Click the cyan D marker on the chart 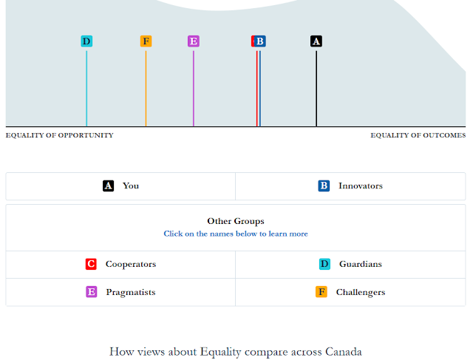point(86,41)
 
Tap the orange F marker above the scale point(146,41)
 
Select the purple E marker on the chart point(194,41)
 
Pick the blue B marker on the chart point(260,41)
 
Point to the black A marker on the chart point(316,41)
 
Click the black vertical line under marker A point(316,89)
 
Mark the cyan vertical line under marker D point(86,89)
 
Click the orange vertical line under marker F point(146,89)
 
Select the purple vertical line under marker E point(194,89)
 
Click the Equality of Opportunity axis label point(59,135)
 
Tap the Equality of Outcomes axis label point(418,135)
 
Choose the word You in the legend point(131,186)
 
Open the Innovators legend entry point(361,186)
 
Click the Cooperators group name point(131,265)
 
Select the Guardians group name point(361,264)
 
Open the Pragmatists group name point(131,293)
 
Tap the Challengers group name point(361,293)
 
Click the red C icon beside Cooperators point(91,264)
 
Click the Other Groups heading point(236,221)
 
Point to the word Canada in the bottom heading point(343,352)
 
